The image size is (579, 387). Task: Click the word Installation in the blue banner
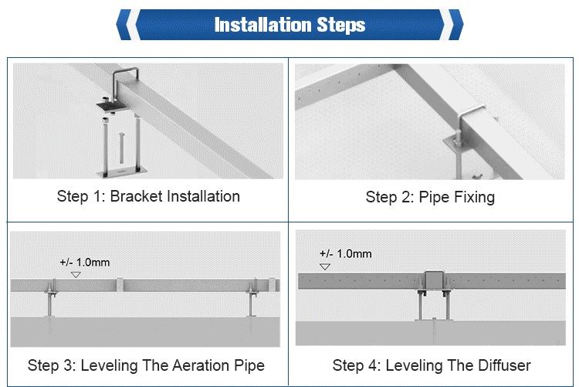(x=263, y=25)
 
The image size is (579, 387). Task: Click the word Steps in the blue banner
(x=341, y=25)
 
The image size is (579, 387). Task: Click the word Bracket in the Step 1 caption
(x=136, y=196)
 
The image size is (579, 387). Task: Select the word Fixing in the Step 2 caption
(x=475, y=198)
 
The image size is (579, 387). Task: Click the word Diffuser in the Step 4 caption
(x=504, y=365)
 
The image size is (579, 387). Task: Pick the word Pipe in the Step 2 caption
(x=435, y=198)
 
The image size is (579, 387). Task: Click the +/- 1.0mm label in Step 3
(x=85, y=263)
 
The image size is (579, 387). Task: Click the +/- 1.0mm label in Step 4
(x=346, y=254)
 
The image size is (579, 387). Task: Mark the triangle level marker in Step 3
(x=76, y=275)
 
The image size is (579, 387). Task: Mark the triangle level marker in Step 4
(x=325, y=266)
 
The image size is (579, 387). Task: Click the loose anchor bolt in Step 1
(x=120, y=148)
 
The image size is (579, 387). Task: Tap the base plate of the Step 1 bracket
(x=122, y=172)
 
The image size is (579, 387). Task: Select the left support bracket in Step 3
(x=51, y=298)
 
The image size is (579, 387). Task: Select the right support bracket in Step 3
(x=252, y=298)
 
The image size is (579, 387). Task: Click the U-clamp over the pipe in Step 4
(x=434, y=280)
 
